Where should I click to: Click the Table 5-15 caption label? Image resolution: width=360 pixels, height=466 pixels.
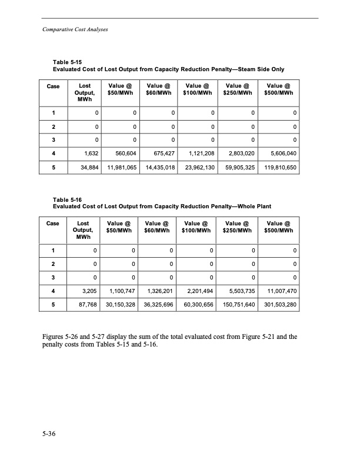[66, 62]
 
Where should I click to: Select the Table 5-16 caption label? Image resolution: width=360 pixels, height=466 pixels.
[66, 199]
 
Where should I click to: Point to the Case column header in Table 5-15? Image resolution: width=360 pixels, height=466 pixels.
[54, 86]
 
